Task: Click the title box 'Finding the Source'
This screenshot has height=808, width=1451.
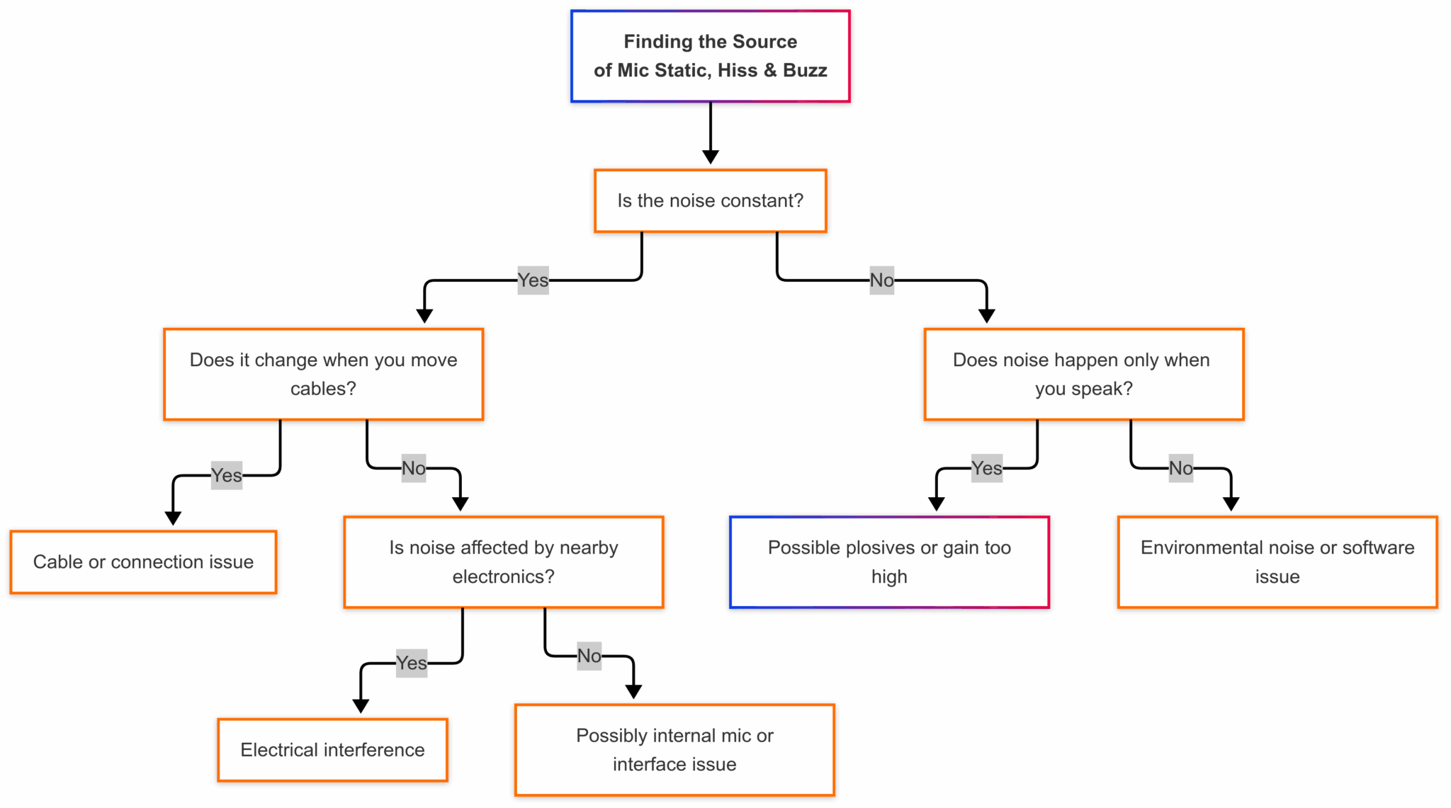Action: click(x=710, y=56)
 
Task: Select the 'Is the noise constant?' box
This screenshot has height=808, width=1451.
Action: click(x=710, y=201)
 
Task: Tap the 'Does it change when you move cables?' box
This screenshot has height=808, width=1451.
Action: click(x=323, y=374)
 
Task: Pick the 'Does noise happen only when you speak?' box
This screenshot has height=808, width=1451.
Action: click(x=1083, y=374)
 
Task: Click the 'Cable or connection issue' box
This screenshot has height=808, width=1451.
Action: click(x=143, y=562)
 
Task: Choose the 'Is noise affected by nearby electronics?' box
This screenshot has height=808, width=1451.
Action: click(x=503, y=562)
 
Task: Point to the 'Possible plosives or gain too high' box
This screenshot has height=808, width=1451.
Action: click(x=889, y=562)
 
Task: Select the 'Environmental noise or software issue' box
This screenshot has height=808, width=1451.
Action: click(x=1277, y=562)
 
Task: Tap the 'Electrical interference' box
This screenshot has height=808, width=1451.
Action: click(x=332, y=750)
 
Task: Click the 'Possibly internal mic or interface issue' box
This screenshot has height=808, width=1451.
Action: click(x=674, y=750)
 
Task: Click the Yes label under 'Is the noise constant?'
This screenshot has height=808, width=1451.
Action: click(x=533, y=280)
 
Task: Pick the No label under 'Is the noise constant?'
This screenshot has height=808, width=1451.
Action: click(x=881, y=280)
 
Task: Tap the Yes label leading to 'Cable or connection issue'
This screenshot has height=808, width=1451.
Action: click(x=226, y=475)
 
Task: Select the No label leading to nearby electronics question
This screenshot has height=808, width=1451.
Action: click(x=414, y=468)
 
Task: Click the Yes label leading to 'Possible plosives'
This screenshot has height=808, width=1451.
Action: click(x=986, y=468)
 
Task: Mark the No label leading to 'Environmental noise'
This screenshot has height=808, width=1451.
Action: click(x=1180, y=468)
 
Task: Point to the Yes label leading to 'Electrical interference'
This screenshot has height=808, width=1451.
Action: click(x=411, y=663)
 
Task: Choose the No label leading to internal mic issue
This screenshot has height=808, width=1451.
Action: click(x=589, y=656)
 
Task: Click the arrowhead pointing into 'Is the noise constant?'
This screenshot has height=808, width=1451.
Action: click(x=710, y=157)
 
